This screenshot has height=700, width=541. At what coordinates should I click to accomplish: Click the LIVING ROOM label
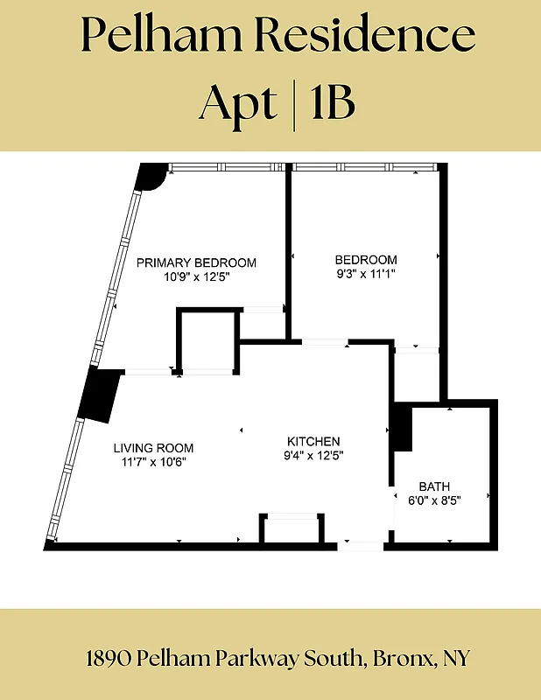pyautogui.click(x=153, y=447)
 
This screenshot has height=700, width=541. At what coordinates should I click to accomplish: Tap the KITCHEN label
pyautogui.click(x=313, y=441)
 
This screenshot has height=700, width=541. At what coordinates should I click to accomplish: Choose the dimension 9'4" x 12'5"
pyautogui.click(x=313, y=455)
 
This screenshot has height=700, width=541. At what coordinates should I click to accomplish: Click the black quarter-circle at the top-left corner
pyautogui.click(x=151, y=176)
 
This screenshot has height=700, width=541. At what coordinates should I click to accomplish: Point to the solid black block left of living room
pyautogui.click(x=98, y=395)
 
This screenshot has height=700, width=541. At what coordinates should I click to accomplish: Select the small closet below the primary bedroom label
pyautogui.click(x=208, y=341)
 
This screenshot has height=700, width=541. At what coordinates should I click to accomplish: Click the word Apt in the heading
pyautogui.click(x=237, y=102)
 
